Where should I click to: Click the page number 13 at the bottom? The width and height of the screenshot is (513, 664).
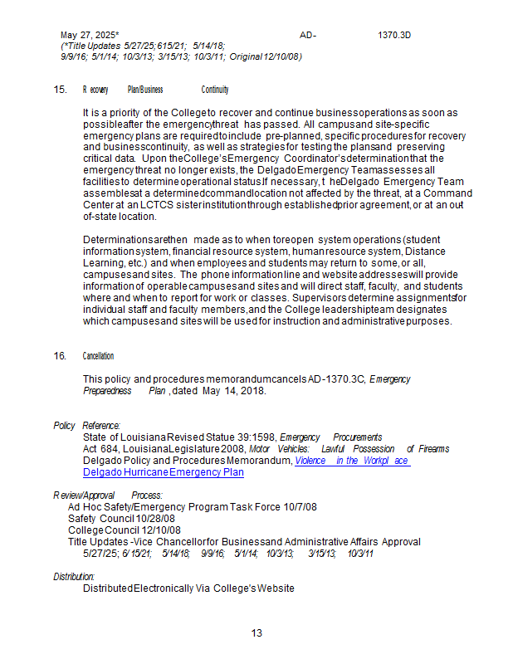click(x=256, y=633)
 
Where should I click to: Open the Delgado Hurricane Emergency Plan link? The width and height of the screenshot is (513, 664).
click(x=164, y=472)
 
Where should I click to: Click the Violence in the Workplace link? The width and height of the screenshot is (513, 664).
click(x=352, y=461)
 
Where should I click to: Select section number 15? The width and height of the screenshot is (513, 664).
click(x=60, y=90)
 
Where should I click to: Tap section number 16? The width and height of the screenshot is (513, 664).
click(x=60, y=356)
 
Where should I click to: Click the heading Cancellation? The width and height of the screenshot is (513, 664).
click(x=98, y=356)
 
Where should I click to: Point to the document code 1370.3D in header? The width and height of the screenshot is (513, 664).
click(x=394, y=36)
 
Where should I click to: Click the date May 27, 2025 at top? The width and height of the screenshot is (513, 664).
click(x=90, y=36)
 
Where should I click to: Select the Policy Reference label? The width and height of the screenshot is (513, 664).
click(x=87, y=425)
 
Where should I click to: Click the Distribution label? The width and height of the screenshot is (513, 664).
click(x=75, y=576)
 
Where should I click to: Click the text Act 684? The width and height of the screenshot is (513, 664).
click(x=100, y=449)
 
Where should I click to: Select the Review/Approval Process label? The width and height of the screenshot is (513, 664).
click(x=108, y=496)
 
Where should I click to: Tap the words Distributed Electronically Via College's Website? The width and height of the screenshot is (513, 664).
click(x=188, y=588)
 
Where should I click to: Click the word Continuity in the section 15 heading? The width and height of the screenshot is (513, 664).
click(x=215, y=90)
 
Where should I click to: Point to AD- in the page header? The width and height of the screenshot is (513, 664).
click(x=308, y=36)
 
